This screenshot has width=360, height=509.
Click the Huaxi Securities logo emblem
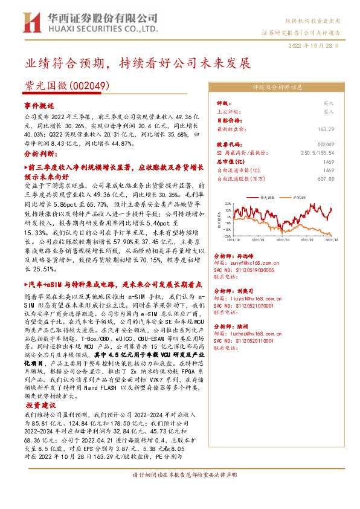coord(31,22)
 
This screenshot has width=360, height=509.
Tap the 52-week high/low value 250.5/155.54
coord(317,154)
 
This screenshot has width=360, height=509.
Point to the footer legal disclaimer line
coord(180,492)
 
